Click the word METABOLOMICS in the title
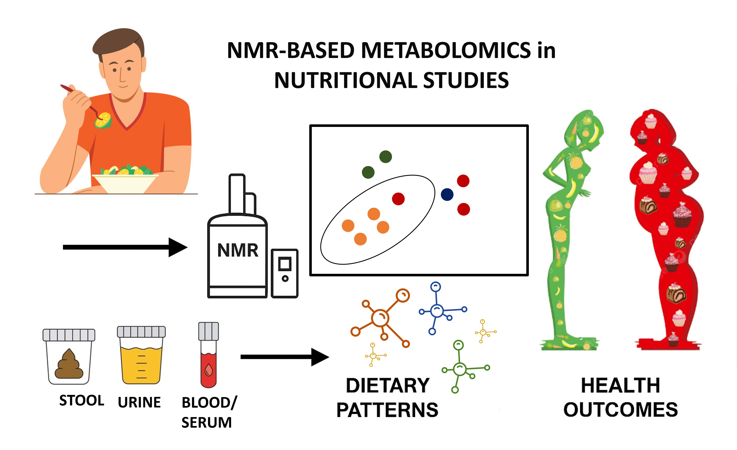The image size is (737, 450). [446, 50]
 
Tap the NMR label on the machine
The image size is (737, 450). [238, 251]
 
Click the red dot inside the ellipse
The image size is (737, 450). [398, 199]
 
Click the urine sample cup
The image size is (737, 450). [141, 355]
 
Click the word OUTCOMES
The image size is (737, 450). [621, 410]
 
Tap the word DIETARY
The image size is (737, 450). [388, 386]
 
